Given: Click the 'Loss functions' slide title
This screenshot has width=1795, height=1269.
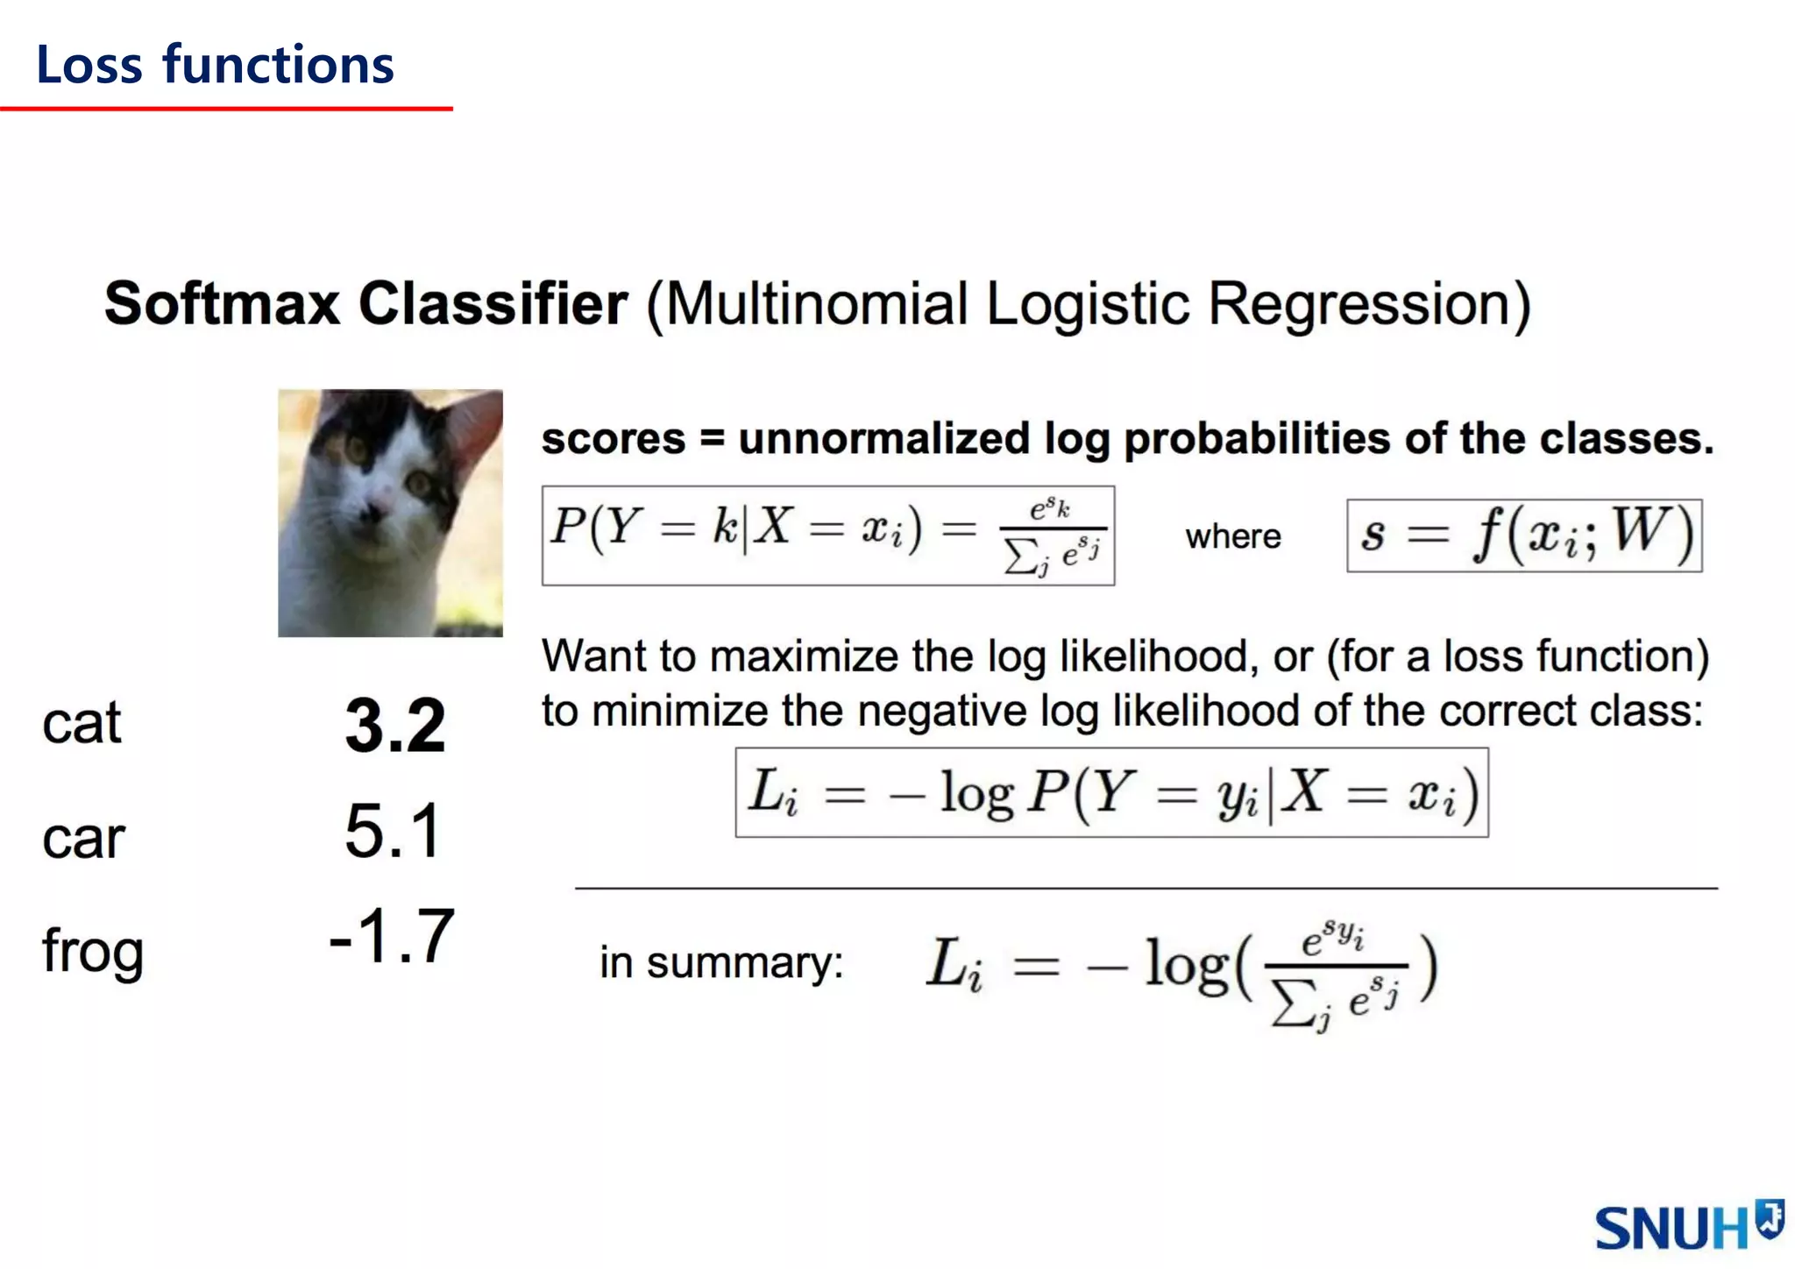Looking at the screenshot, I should pyautogui.click(x=215, y=66).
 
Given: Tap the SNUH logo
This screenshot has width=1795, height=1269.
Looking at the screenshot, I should pyautogui.click(x=1686, y=1226).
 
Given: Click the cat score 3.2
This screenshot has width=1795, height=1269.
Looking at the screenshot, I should pyautogui.click(x=394, y=725).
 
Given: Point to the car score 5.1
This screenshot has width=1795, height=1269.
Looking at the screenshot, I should pyautogui.click(x=392, y=831).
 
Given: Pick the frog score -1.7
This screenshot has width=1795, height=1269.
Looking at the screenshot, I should pyautogui.click(x=392, y=936).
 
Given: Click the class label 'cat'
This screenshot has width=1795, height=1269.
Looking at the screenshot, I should pyautogui.click(x=82, y=724).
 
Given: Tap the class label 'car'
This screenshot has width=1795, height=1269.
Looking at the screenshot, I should pyautogui.click(x=83, y=838).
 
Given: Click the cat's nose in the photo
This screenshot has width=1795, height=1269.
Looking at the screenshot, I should pyautogui.click(x=376, y=509).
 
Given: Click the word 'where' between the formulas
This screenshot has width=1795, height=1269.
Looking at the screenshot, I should pyautogui.click(x=1232, y=535).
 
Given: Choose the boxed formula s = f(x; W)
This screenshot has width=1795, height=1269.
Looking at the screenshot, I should pyautogui.click(x=1524, y=535).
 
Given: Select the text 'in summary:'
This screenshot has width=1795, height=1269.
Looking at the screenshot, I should pyautogui.click(x=721, y=962).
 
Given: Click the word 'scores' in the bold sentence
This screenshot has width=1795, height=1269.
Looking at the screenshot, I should pyautogui.click(x=613, y=438).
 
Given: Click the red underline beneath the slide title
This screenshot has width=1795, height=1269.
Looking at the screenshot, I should pyautogui.click(x=226, y=109).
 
